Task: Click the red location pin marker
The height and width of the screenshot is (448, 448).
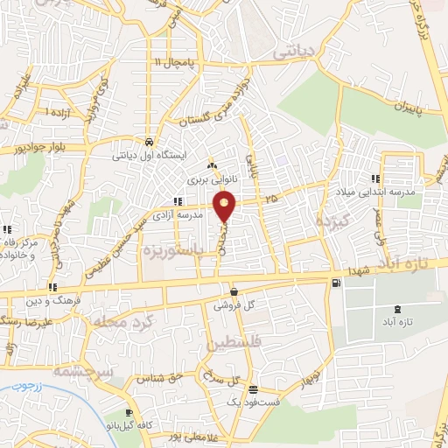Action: click(226, 206)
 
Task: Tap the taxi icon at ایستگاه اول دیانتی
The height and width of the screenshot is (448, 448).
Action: click(150, 142)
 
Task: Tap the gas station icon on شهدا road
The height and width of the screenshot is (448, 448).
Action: click(336, 283)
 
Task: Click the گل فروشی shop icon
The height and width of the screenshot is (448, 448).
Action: click(234, 291)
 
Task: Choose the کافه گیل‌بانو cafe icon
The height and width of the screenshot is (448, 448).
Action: click(129, 412)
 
